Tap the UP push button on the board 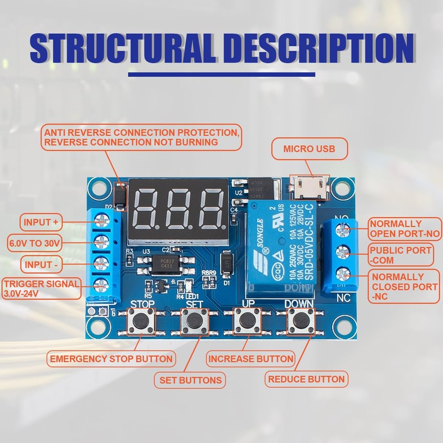click(x=246, y=321)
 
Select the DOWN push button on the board click(x=300, y=321)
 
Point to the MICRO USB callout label click(x=309, y=149)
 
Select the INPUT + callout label click(x=41, y=223)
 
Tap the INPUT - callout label click(x=41, y=264)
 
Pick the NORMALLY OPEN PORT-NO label click(x=405, y=229)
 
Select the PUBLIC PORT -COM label click(x=400, y=255)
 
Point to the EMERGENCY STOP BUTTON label click(x=111, y=358)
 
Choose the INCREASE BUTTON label click(x=251, y=359)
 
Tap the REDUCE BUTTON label click(x=306, y=379)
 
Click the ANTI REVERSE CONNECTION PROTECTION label click(x=142, y=137)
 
